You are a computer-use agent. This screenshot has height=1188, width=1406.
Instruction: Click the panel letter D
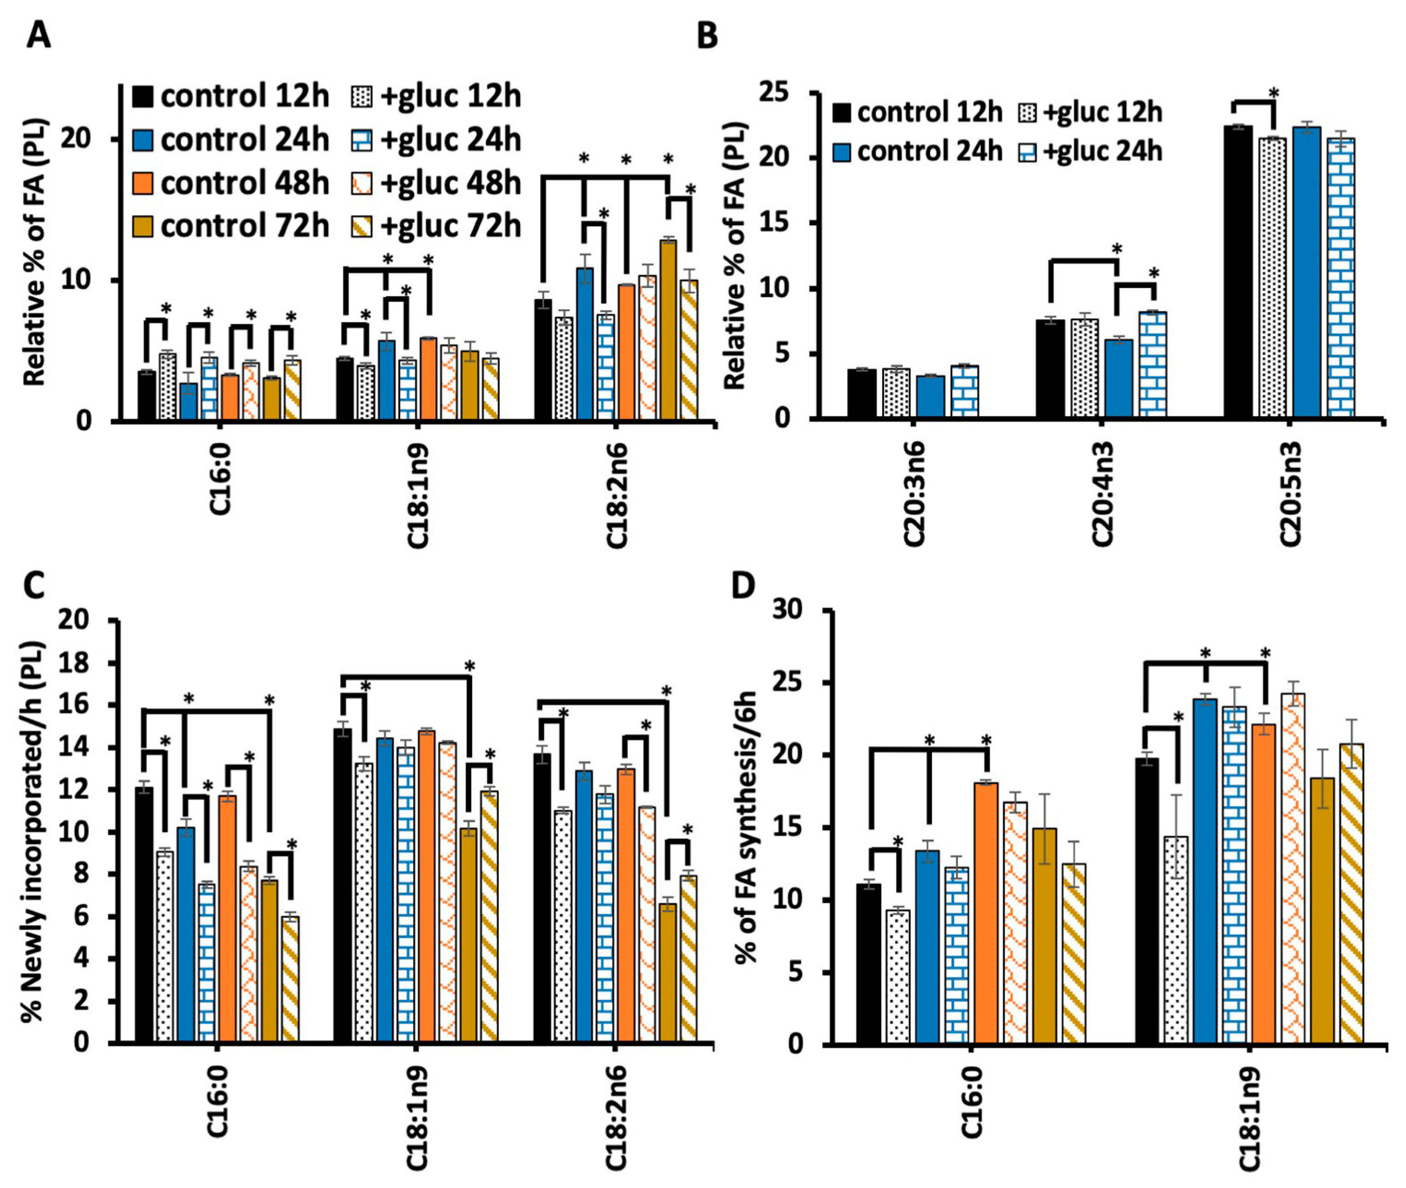coord(744,586)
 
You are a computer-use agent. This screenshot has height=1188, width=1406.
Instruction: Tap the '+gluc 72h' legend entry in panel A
coord(436,226)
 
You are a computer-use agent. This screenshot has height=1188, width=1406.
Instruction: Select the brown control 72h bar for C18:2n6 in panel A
coord(668,330)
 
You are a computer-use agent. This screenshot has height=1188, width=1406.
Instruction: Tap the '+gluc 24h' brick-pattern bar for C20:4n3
coord(1153,363)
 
